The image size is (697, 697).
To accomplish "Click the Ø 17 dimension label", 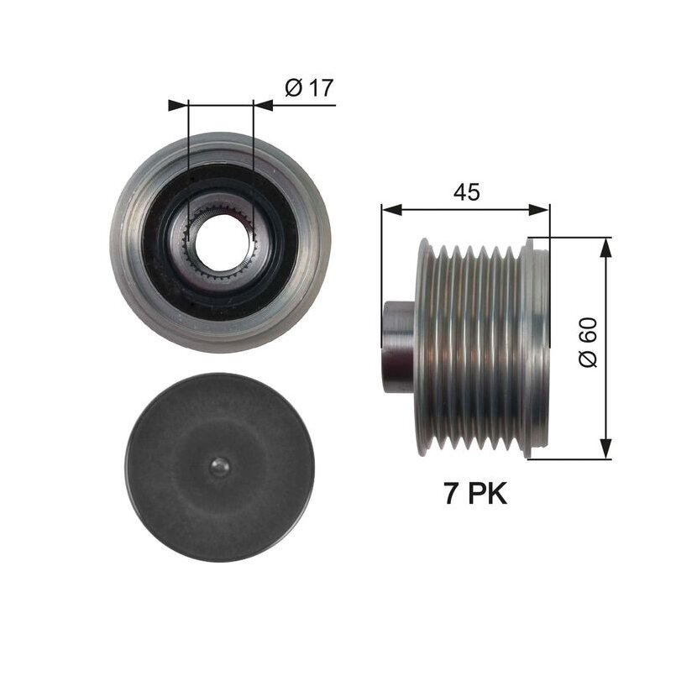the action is click(x=309, y=87).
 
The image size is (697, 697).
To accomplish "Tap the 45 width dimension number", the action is click(x=466, y=192).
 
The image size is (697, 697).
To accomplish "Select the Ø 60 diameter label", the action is click(x=588, y=342).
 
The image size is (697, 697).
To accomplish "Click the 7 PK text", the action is click(x=475, y=494).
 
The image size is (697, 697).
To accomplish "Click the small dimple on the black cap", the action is click(x=219, y=467).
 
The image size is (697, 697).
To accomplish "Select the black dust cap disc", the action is click(x=220, y=467).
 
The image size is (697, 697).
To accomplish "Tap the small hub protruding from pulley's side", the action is click(x=398, y=347).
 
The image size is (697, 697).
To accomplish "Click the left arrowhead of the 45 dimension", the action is click(x=391, y=210).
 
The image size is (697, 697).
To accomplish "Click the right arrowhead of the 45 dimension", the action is click(x=539, y=210).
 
